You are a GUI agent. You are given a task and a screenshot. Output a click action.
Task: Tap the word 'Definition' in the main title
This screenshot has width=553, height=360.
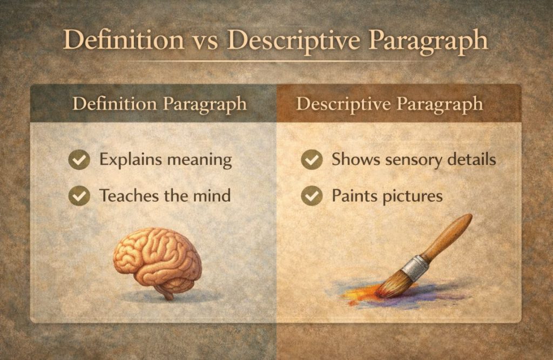123,41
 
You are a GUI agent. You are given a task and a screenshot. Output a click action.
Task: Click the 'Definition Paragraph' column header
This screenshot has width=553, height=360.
159,104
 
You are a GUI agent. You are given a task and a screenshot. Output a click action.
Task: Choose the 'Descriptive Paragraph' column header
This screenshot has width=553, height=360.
389,104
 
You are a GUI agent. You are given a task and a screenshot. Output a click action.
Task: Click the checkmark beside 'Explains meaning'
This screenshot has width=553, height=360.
79,160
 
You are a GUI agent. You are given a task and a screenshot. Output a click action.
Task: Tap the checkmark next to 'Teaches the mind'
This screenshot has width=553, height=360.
79,196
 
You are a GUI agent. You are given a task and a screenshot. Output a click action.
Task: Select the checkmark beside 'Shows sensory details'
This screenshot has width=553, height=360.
312,160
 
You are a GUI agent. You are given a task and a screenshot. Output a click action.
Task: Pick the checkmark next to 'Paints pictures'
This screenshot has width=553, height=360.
312,196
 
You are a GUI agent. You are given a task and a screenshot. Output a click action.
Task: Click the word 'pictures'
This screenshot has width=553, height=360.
413,196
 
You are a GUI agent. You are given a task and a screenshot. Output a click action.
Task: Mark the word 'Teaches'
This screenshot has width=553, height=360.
124,195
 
